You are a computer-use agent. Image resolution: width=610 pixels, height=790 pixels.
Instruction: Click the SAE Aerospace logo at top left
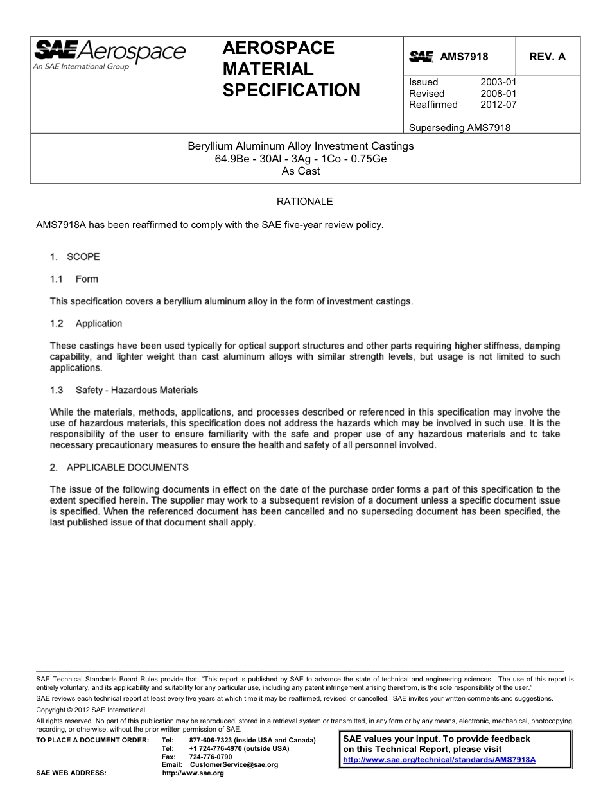tap(109, 54)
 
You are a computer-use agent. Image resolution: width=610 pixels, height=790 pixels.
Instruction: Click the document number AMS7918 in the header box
tap(464, 57)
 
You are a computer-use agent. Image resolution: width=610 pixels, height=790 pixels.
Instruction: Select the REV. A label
tap(547, 57)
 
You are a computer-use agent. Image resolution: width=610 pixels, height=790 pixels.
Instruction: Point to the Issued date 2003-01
tap(498, 82)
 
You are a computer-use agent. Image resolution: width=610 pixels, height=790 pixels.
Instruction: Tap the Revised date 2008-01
tap(498, 94)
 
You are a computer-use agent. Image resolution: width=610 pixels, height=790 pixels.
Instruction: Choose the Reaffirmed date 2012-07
tap(498, 105)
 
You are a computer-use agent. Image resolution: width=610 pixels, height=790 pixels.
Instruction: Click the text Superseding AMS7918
tap(460, 127)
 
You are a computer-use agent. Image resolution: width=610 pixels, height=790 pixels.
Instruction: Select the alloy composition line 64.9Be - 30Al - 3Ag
tap(301, 159)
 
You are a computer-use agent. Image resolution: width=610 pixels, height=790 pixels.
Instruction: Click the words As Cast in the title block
tap(301, 171)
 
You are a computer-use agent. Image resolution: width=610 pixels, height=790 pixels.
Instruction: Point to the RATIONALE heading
tap(304, 202)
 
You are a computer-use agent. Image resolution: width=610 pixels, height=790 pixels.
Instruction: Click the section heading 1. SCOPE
tap(75, 257)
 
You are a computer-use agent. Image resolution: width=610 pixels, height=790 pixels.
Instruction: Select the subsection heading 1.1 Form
tap(74, 279)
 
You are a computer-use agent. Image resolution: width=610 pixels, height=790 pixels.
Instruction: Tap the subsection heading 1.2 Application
tap(86, 324)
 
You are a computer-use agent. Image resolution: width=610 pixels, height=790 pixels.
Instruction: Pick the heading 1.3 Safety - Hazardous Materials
tap(124, 390)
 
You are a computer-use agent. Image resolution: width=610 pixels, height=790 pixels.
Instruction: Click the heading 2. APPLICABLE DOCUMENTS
tap(119, 468)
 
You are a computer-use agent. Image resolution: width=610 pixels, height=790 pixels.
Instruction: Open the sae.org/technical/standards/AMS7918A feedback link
tap(439, 759)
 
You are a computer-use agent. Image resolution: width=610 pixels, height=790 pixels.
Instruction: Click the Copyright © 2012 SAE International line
tap(91, 710)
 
